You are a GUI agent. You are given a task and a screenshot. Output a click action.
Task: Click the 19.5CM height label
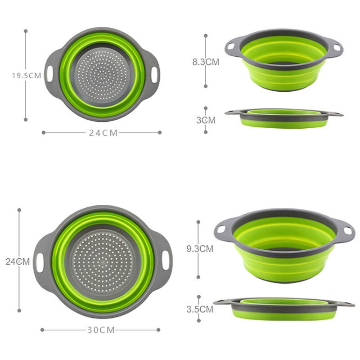pyautogui.click(x=26, y=76)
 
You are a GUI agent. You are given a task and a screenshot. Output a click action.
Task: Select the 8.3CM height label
pyautogui.click(x=206, y=62)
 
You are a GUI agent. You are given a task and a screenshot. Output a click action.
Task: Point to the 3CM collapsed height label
pyautogui.click(x=206, y=120)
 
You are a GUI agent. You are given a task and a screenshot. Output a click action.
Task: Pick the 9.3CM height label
pyautogui.click(x=200, y=248)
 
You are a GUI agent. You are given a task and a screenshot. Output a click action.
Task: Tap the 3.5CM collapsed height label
pyautogui.click(x=199, y=309)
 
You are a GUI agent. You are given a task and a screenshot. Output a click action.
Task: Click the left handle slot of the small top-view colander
pyautogui.click(x=49, y=73)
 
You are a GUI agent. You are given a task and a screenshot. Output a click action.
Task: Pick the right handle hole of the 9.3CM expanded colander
pyautogui.click(x=347, y=230)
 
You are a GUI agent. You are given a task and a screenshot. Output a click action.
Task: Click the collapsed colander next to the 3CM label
pyautogui.click(x=283, y=118)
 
